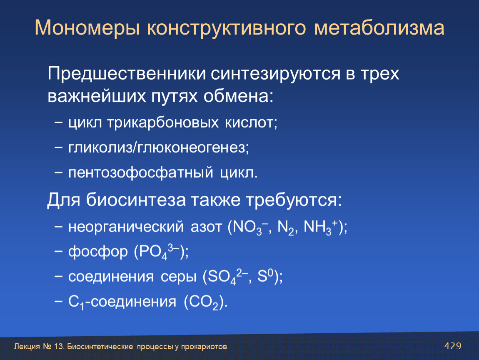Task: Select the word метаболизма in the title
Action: [x=379, y=28]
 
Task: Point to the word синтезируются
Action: [x=275, y=75]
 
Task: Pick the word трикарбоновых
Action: [x=162, y=123]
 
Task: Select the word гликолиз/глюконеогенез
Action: [x=159, y=148]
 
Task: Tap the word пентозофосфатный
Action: [x=140, y=173]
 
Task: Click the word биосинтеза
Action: [x=136, y=200]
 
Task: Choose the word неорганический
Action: [x=126, y=227]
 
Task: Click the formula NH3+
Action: [x=321, y=227]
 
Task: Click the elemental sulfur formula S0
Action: [x=265, y=276]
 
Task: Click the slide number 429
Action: [x=453, y=346]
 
